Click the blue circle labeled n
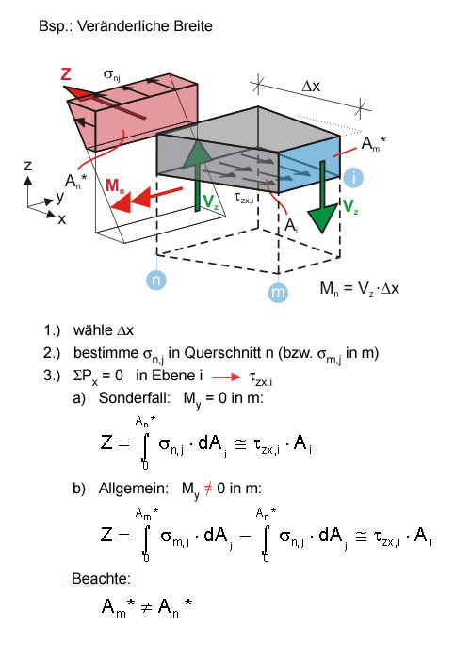pos(156,280)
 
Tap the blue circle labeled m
pos(278,292)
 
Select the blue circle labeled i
pos(353,177)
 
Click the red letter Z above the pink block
pos(66,74)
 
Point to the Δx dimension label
pos(311,87)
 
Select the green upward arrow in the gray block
pos(197,175)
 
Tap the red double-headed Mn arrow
pos(147,200)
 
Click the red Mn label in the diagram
pos(115,185)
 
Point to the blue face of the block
pos(310,164)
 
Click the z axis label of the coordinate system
pos(27,166)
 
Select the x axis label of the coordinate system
pos(62,219)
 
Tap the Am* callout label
pos(373,144)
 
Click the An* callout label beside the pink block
pos(75,182)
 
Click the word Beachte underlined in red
pos(101,579)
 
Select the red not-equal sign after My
pos(208,489)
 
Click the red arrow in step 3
pos(226,377)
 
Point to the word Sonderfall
pos(134,398)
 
